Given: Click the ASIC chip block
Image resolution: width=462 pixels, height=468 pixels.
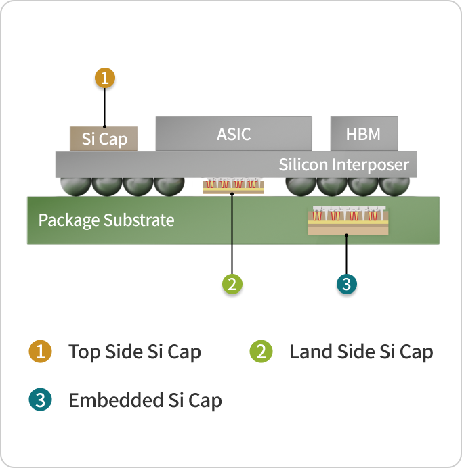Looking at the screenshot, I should [x=234, y=134].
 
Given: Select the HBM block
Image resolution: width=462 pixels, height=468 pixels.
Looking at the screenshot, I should [x=364, y=134].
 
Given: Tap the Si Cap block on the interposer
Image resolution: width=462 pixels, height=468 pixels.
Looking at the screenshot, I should [x=104, y=139].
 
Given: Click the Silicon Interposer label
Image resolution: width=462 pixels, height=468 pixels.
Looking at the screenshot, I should [x=343, y=164].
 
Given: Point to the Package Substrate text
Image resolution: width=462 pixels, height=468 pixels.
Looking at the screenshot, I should [x=106, y=220].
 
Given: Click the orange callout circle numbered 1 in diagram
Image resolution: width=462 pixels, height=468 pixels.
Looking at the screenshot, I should [x=104, y=78].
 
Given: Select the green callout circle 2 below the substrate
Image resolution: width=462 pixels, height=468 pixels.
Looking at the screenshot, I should [x=232, y=284].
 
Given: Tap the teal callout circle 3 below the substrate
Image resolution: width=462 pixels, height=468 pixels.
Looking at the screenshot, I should [x=347, y=284].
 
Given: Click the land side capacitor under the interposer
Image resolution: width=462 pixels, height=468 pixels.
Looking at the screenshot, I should [x=232, y=186].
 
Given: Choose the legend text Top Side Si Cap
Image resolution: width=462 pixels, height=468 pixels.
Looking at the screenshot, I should [x=134, y=352].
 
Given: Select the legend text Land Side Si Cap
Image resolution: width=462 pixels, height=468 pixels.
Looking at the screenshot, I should [x=360, y=352].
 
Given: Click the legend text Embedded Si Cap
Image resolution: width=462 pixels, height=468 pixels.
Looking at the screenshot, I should [x=145, y=400].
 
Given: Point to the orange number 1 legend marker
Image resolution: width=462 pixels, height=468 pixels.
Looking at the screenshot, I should [x=40, y=352].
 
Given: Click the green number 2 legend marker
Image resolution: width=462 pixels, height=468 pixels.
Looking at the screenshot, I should [x=261, y=352].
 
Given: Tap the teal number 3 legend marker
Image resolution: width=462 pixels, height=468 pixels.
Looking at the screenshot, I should [x=40, y=400].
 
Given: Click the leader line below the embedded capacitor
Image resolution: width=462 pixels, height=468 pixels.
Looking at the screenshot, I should [x=347, y=254].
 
